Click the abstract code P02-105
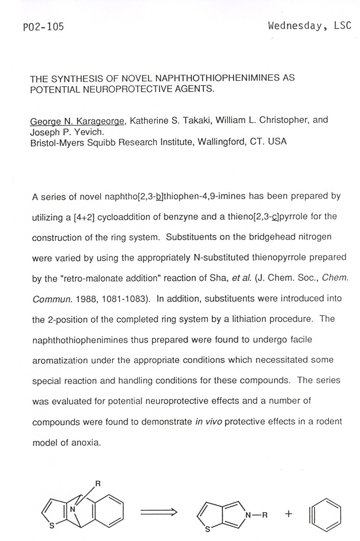[43, 27]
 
